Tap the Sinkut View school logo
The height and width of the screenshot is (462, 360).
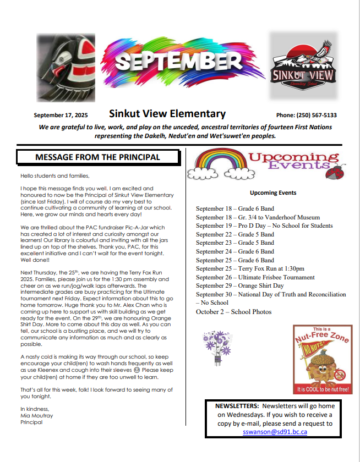302,65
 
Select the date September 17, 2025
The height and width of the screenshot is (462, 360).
61,116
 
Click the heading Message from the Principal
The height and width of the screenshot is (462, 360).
97,157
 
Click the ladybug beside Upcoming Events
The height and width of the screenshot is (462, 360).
334,172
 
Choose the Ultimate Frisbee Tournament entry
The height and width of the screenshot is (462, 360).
255,278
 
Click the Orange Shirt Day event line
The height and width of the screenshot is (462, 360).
240,286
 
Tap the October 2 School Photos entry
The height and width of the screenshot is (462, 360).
233,312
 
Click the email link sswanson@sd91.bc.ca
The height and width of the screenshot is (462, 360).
274,432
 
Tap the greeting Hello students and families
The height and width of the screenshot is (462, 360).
54,175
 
